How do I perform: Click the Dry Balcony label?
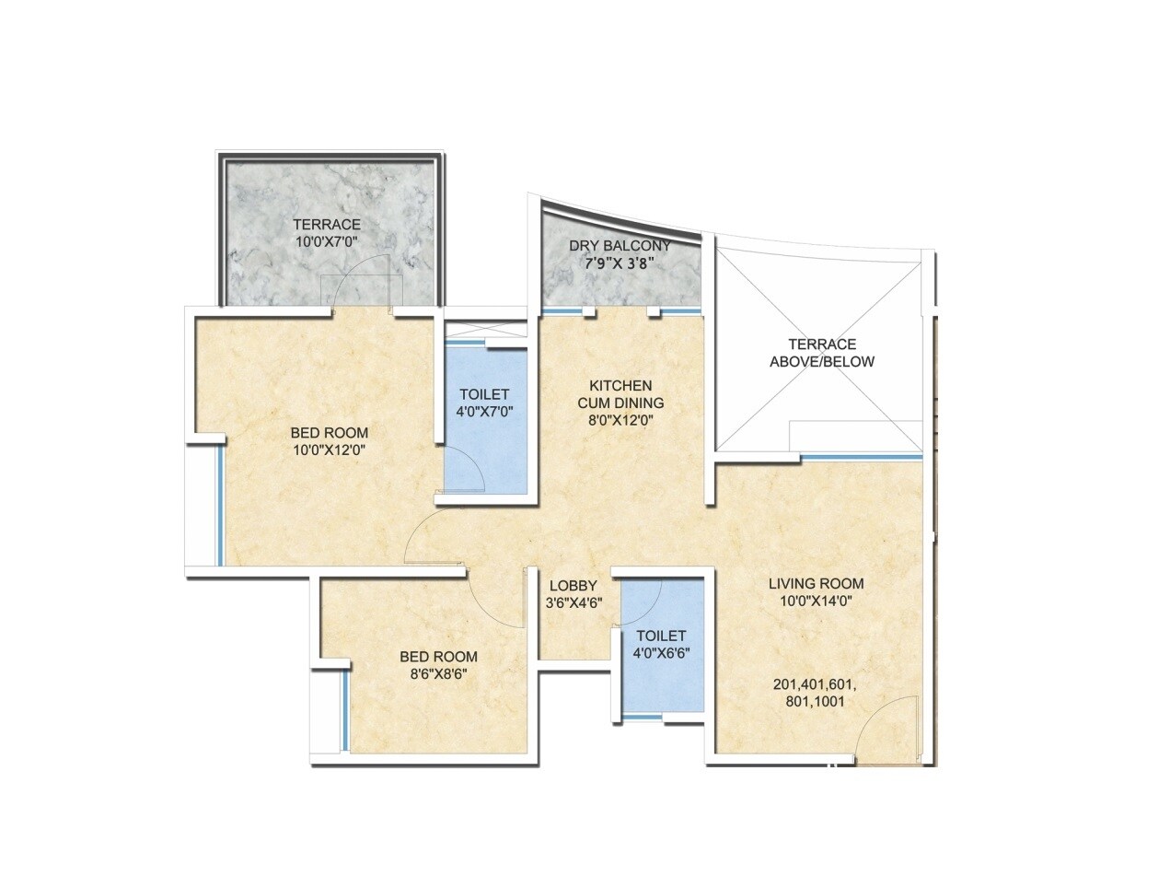620,246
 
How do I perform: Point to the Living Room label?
817,583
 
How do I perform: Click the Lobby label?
573,586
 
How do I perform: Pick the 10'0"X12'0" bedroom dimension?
330,450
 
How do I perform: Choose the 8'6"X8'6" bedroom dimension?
438,673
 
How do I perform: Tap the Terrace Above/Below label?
822,353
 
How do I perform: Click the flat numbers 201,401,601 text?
816,684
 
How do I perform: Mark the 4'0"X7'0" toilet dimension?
484,412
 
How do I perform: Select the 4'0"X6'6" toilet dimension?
661,652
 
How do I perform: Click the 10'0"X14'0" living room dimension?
817,601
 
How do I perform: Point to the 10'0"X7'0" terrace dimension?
327,241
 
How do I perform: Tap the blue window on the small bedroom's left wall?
345,710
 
